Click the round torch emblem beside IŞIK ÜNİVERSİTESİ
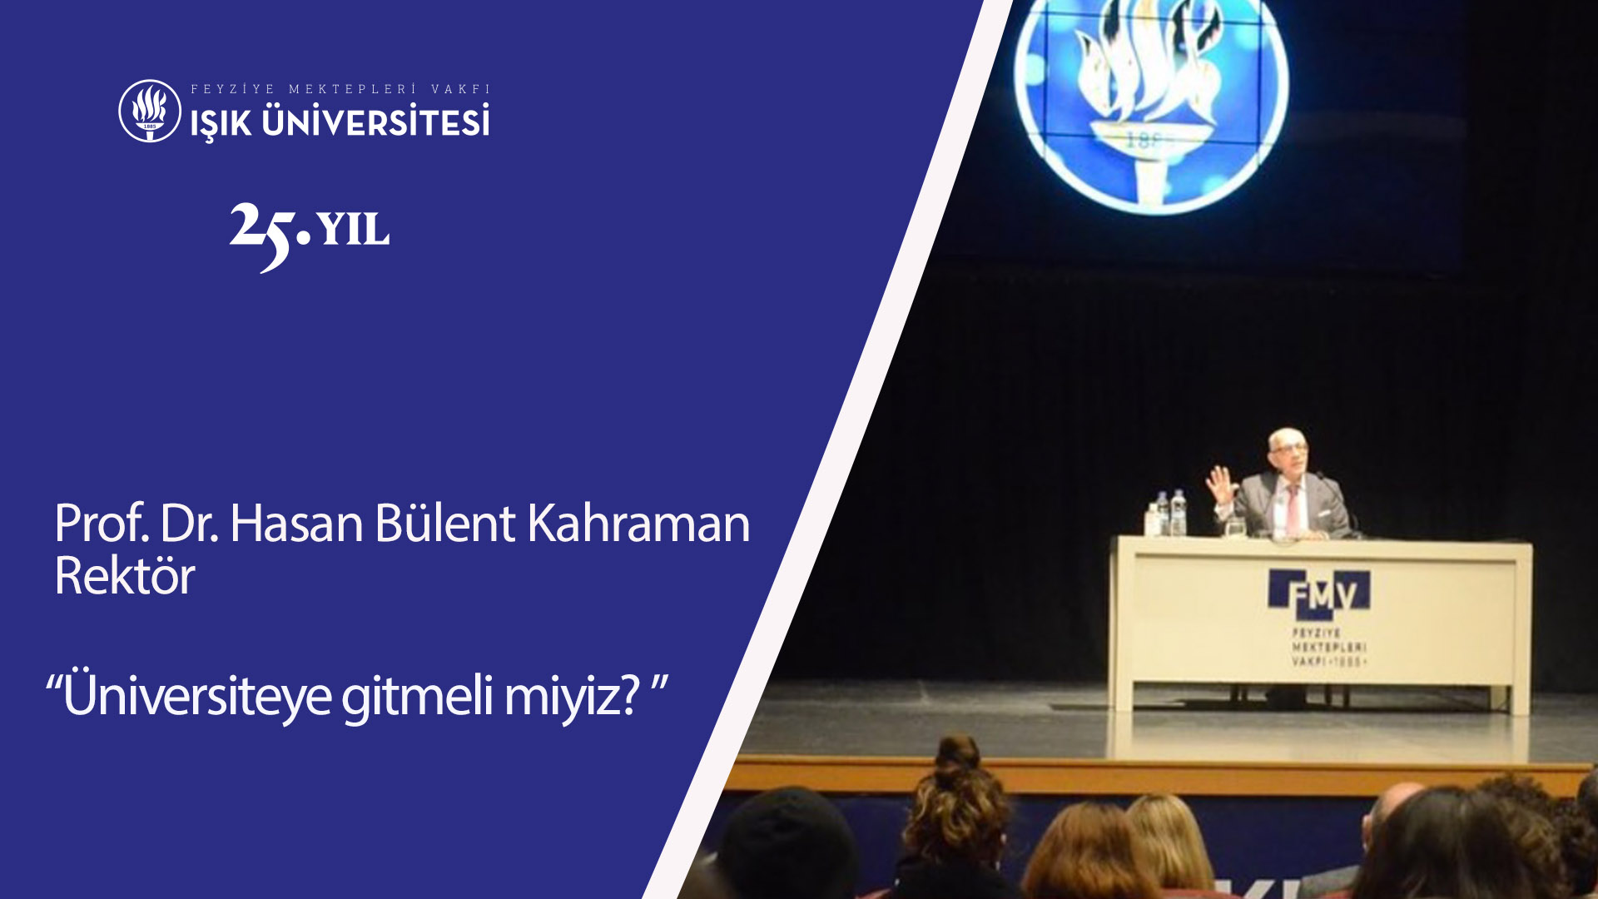coord(150,111)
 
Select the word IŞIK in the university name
coord(221,123)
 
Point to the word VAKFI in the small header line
coord(461,89)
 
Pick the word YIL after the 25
coord(353,229)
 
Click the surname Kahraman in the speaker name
coord(638,524)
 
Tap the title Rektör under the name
coord(124,575)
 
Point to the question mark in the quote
coord(630,695)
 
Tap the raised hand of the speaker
coord(1221,484)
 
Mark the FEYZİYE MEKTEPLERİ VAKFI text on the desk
coord(1328,647)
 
